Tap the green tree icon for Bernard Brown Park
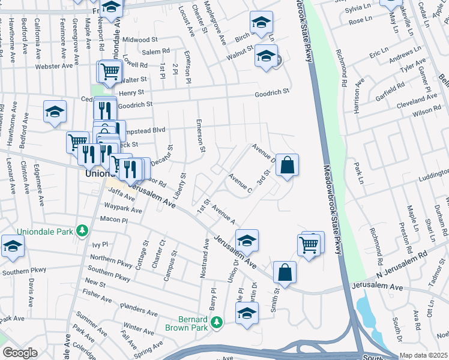(x=217, y=323)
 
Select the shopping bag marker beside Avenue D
(x=288, y=165)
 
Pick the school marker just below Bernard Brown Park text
(x=247, y=313)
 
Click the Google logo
(x=20, y=353)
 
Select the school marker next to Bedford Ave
(x=55, y=111)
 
